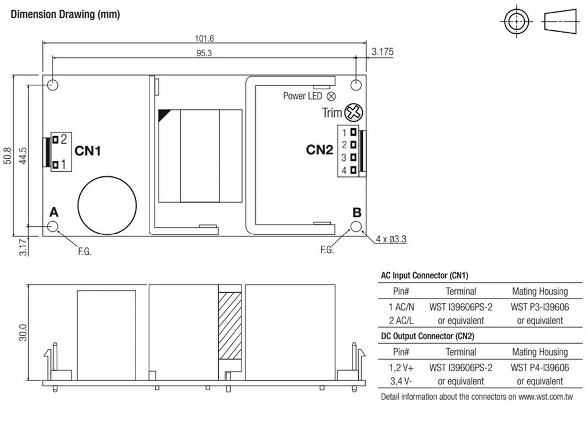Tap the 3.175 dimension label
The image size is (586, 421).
[x=382, y=52]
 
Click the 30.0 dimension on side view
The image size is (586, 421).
[x=22, y=333]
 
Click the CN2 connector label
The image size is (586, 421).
[x=319, y=150]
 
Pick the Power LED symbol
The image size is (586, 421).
[x=331, y=96]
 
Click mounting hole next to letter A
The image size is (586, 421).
[x=53, y=227]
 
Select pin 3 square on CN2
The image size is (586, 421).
[x=354, y=158]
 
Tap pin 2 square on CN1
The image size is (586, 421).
[x=56, y=139]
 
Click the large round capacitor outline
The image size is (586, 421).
[x=108, y=204]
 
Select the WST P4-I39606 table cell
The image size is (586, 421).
[x=540, y=367]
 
